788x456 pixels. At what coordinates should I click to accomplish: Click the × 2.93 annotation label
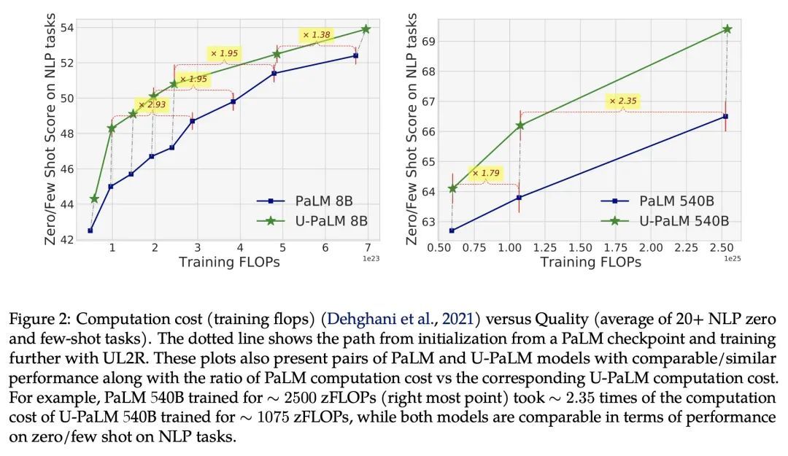click(152, 105)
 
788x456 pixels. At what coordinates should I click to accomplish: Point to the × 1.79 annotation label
click(485, 174)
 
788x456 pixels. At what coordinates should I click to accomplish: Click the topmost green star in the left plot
click(366, 29)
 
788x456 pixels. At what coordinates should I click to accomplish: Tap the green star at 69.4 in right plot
click(727, 29)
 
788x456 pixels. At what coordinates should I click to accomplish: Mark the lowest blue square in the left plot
click(90, 231)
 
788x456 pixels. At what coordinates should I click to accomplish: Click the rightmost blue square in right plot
click(726, 116)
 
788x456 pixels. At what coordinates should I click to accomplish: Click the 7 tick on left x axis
click(368, 248)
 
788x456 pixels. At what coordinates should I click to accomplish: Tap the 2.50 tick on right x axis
click(720, 248)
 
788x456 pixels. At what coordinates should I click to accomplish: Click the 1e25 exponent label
click(732, 258)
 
